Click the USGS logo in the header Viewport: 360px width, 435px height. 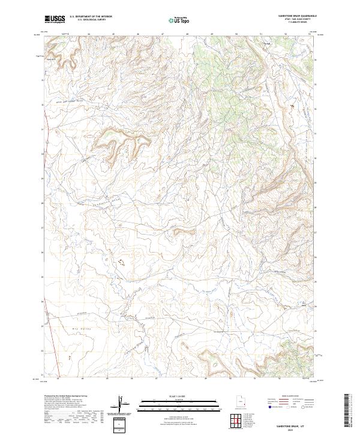[x=55, y=19]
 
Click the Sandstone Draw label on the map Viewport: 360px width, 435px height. [x=108, y=203]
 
